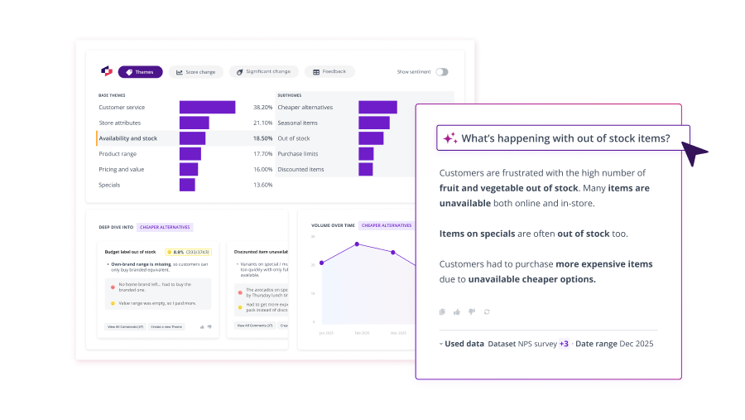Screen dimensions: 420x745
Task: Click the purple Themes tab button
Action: [140, 72]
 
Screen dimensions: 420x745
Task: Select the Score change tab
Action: [195, 72]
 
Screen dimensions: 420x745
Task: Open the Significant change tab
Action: [263, 72]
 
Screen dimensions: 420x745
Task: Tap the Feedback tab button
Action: [329, 72]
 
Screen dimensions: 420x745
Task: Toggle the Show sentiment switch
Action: [442, 72]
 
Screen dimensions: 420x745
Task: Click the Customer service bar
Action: [207, 108]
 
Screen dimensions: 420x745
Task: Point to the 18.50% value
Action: [262, 138]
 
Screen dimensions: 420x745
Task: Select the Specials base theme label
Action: [109, 185]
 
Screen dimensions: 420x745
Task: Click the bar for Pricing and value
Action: [189, 169]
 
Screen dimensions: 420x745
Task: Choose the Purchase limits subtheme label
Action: [299, 153]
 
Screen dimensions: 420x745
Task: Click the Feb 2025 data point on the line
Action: [357, 244]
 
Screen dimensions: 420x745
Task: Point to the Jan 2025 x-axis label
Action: [326, 332]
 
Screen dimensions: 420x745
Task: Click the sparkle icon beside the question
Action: [450, 138]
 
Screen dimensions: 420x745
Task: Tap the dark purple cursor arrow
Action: [695, 152]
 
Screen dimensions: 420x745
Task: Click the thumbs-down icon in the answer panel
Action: [472, 311]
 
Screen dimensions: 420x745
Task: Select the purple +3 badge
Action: [564, 344]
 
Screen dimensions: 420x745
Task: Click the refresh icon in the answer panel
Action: [488, 311]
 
